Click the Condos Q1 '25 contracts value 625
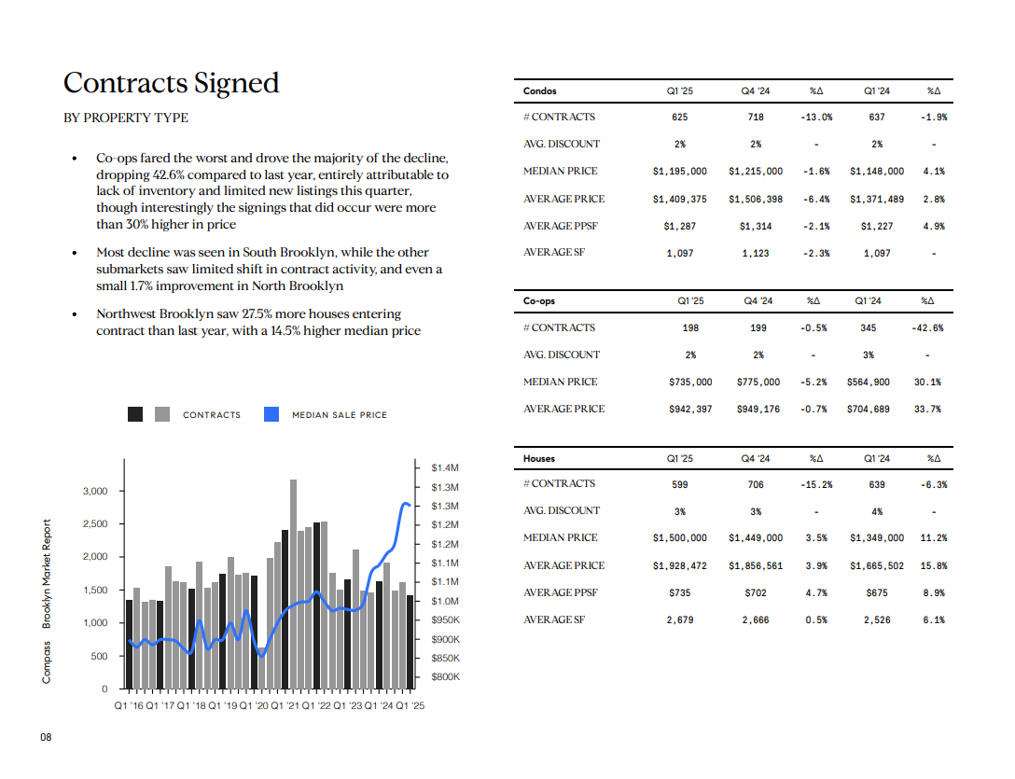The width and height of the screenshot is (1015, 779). pos(680,118)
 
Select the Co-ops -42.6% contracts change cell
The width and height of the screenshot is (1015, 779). pos(927,328)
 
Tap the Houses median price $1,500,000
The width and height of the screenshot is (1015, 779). pos(680,538)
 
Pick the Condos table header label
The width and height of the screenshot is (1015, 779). pos(540,91)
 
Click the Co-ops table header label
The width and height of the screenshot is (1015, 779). pos(539,301)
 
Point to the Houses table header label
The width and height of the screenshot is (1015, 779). pos(539,458)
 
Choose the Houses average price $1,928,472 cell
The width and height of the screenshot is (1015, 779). pos(680,566)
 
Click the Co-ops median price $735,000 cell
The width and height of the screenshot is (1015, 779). pos(690,383)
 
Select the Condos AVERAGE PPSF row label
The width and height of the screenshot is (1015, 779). pos(561,226)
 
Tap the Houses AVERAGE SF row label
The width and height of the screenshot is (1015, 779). pos(554,619)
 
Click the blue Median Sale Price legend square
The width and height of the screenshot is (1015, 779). pos(271,414)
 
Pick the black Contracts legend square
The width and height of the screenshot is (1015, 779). pos(135,414)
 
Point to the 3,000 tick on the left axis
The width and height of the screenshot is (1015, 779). pos(95,491)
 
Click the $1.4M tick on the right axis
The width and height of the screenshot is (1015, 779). pos(445,467)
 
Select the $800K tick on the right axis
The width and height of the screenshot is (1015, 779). pos(445,676)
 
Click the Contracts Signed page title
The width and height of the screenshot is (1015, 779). pos(172,84)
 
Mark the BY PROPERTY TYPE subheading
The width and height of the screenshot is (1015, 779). pos(126,118)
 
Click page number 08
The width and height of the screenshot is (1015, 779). pos(46,738)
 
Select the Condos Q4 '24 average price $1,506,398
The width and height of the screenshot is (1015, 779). pos(756,200)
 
